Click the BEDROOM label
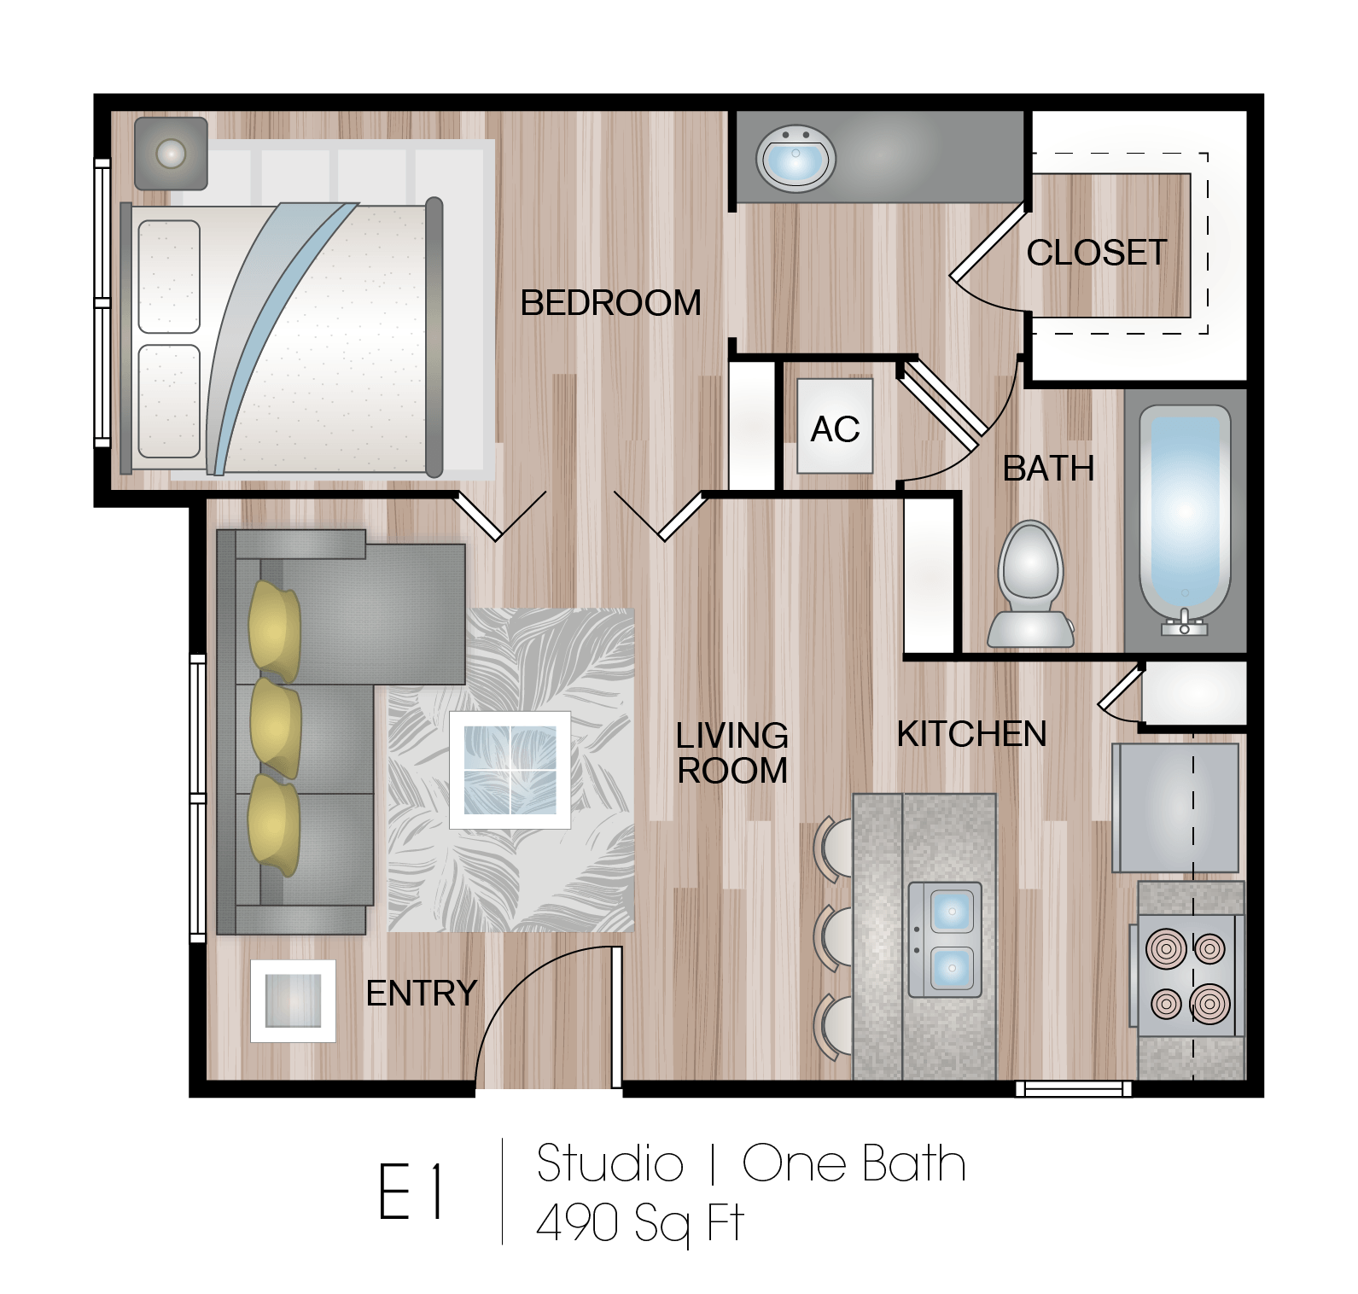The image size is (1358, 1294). pyautogui.click(x=610, y=303)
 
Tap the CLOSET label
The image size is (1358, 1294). pyautogui.click(x=1096, y=253)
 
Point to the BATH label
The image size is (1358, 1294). pyautogui.click(x=1048, y=469)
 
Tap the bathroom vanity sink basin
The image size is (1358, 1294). pyautogui.click(x=796, y=159)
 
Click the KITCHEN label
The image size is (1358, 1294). pyautogui.click(x=971, y=734)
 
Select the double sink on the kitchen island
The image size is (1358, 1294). pyautogui.click(x=944, y=940)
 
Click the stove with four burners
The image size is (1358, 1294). pyautogui.click(x=1186, y=976)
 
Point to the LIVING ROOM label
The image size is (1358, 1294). pyautogui.click(x=731, y=753)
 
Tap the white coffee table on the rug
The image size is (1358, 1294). pyautogui.click(x=510, y=770)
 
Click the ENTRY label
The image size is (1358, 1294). pyautogui.click(x=421, y=993)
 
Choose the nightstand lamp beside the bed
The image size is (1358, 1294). pyautogui.click(x=172, y=154)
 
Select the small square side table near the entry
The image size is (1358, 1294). pyautogui.click(x=293, y=1000)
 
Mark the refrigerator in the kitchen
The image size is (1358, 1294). pyautogui.click(x=1174, y=807)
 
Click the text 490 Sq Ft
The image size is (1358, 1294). pyautogui.click(x=639, y=1224)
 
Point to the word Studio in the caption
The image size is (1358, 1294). pyautogui.click(x=609, y=1164)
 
